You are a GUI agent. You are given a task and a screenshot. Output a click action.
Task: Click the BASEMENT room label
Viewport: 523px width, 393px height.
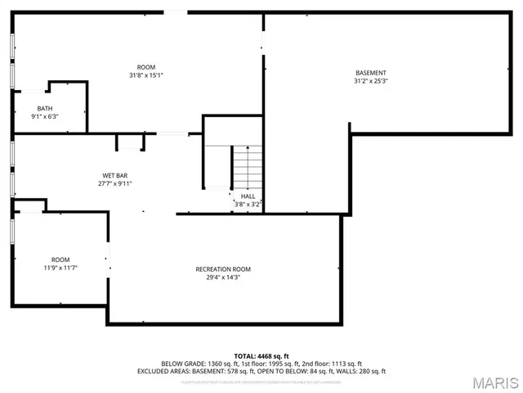click(x=370, y=73)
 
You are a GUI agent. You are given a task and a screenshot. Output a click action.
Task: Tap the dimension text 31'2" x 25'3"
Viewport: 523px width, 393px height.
click(x=370, y=81)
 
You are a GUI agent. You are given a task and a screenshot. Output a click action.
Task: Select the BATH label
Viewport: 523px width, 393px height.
click(x=45, y=109)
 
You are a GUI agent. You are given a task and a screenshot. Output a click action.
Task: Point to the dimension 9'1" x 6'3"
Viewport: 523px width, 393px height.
click(x=45, y=117)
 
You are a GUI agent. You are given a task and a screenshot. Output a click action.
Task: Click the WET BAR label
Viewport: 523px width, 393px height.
click(x=114, y=175)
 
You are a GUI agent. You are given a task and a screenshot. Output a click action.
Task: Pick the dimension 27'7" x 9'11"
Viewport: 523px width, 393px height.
click(x=114, y=183)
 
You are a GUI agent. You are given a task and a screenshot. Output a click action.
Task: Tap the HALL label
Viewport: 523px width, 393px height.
click(x=248, y=196)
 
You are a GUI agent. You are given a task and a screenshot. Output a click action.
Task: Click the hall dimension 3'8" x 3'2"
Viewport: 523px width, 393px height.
click(x=248, y=204)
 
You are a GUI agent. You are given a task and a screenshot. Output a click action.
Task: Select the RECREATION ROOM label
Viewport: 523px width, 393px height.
click(x=223, y=269)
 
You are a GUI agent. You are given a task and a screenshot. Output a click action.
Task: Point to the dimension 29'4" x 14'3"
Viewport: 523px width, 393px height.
click(x=223, y=278)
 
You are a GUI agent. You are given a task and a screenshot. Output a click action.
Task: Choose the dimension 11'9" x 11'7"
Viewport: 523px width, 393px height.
click(x=60, y=268)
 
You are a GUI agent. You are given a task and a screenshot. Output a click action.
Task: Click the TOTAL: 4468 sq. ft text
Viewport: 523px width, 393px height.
click(x=261, y=356)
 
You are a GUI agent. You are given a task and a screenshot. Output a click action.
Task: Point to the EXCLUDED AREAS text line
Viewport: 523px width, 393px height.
click(x=261, y=371)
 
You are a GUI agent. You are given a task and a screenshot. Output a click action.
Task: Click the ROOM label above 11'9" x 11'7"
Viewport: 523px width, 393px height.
click(x=60, y=260)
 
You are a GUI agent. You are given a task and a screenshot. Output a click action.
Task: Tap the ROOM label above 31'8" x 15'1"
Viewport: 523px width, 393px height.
click(x=146, y=67)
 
